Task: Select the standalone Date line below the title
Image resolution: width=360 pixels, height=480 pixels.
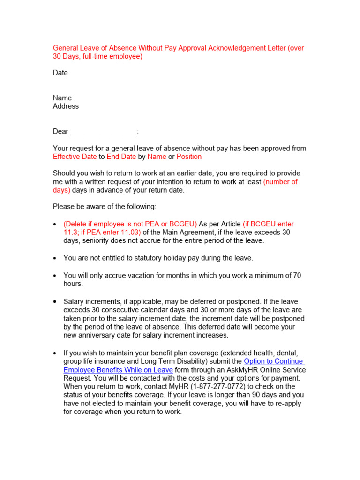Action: tap(60, 73)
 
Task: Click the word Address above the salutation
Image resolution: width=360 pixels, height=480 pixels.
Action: tap(66, 106)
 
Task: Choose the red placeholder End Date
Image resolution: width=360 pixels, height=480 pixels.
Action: tap(121, 157)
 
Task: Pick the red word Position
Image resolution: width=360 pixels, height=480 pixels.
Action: tap(189, 157)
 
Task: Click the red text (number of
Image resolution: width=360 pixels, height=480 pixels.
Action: tap(280, 182)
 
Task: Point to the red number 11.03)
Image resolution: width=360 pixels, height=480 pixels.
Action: tap(128, 232)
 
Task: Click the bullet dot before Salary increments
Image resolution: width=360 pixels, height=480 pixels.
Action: tap(55, 302)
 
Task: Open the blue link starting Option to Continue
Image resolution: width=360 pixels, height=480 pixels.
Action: tap(274, 361)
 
